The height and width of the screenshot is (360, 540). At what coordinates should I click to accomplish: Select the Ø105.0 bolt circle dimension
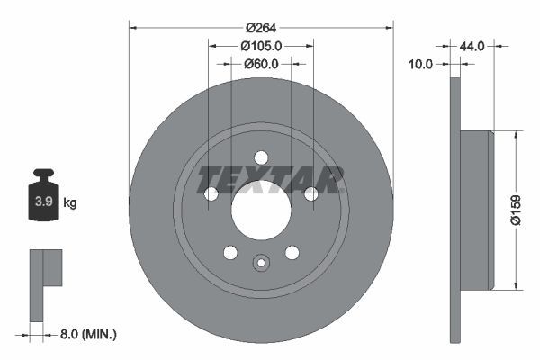coord(261,45)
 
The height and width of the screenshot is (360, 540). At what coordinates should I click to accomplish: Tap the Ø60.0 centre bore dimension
coord(261,64)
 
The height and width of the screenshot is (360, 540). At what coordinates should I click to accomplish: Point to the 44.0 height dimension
coord(472,45)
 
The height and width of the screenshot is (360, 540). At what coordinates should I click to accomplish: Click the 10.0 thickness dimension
coord(421,64)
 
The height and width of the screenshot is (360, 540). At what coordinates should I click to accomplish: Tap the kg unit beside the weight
coord(70,203)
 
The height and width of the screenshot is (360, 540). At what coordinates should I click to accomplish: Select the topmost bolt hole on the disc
coord(261,157)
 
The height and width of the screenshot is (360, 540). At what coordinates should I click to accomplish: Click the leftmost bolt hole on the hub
coord(211,193)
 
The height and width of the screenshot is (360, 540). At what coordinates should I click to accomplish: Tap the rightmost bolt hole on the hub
coord(310,193)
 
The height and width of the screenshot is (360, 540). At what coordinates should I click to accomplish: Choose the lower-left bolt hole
coord(230,252)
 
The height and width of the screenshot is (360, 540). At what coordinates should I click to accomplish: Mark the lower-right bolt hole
coord(292,252)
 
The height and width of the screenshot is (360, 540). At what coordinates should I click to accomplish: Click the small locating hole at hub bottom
coord(261,264)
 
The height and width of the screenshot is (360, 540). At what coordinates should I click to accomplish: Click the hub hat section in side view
coord(476,210)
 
